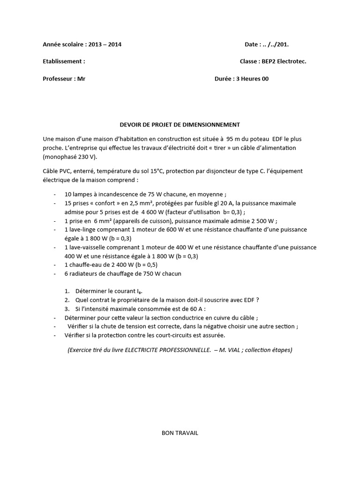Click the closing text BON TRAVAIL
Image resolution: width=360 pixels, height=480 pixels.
pyautogui.click(x=180, y=433)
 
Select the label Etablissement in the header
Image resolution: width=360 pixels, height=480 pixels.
pyautogui.click(x=63, y=61)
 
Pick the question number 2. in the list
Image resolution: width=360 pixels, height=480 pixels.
pyautogui.click(x=68, y=300)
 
